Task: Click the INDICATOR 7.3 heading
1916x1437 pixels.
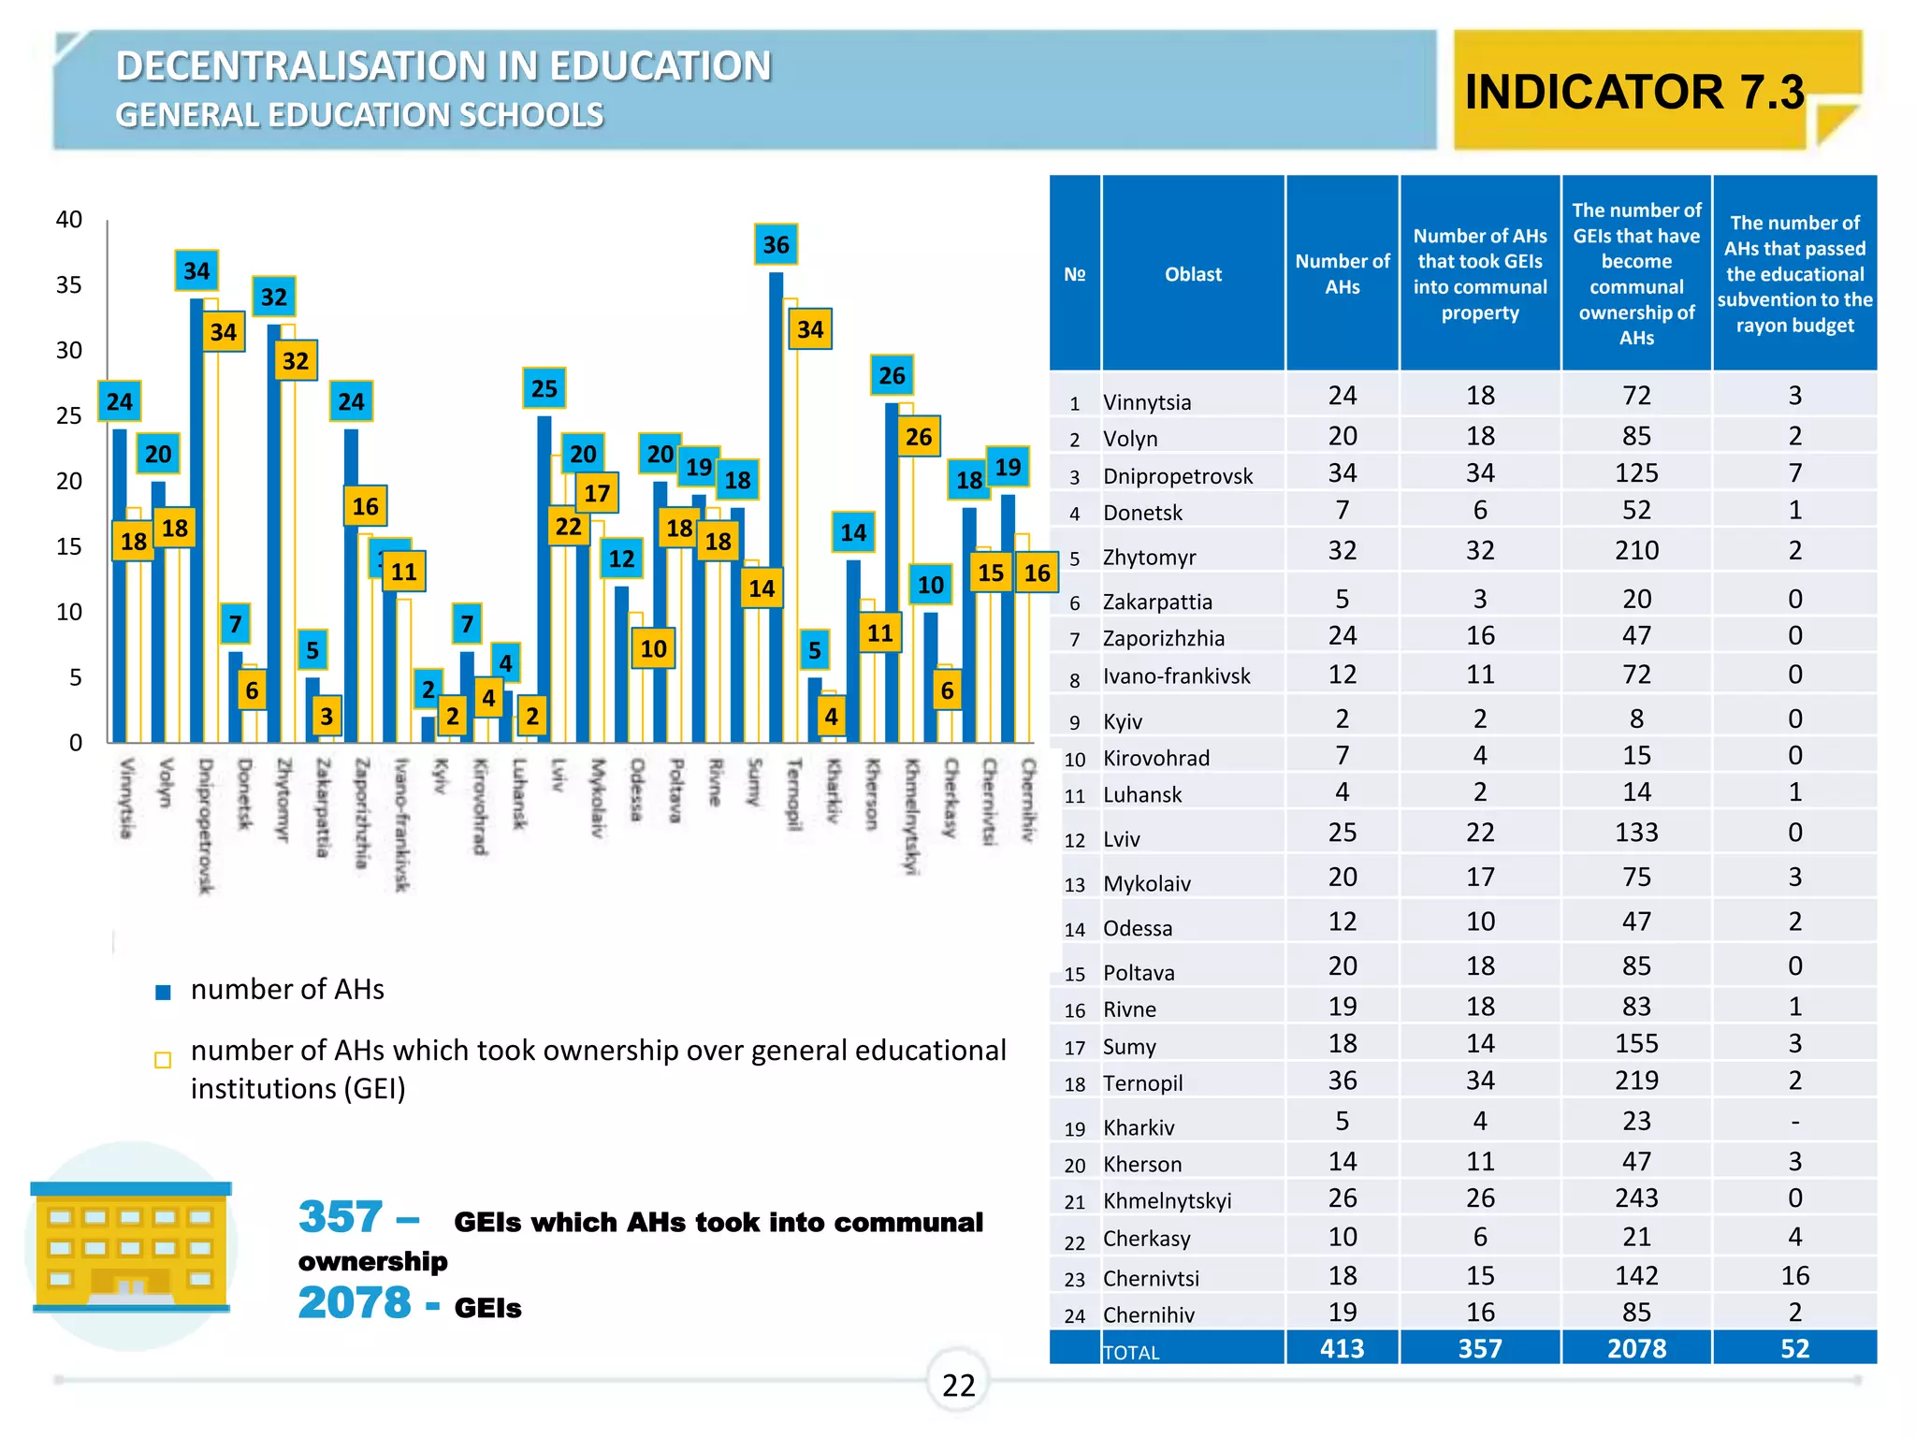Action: click(x=1633, y=92)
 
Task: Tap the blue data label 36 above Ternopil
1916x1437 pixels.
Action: click(x=776, y=245)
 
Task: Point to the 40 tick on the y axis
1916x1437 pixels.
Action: click(x=69, y=220)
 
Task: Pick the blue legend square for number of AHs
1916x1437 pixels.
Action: click(x=163, y=993)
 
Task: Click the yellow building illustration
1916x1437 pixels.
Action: click(x=130, y=1246)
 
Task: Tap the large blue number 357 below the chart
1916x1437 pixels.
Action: click(x=341, y=1217)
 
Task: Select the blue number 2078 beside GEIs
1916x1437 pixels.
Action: click(x=355, y=1302)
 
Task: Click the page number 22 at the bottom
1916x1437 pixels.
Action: click(x=958, y=1385)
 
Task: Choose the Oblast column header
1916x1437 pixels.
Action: click(x=1193, y=274)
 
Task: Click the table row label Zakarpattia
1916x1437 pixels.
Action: click(x=1157, y=602)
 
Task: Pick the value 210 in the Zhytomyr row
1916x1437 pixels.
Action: click(x=1636, y=550)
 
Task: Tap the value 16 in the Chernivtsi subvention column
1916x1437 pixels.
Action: click(x=1794, y=1275)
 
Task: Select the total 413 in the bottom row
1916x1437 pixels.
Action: click(x=1342, y=1348)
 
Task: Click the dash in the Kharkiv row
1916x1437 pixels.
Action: click(x=1794, y=1122)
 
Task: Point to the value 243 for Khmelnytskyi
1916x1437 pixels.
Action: click(x=1636, y=1198)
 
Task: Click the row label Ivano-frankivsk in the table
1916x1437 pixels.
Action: click(x=1176, y=676)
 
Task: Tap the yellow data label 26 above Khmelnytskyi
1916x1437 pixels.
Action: click(x=919, y=437)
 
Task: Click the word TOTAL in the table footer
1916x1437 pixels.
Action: click(x=1131, y=1353)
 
